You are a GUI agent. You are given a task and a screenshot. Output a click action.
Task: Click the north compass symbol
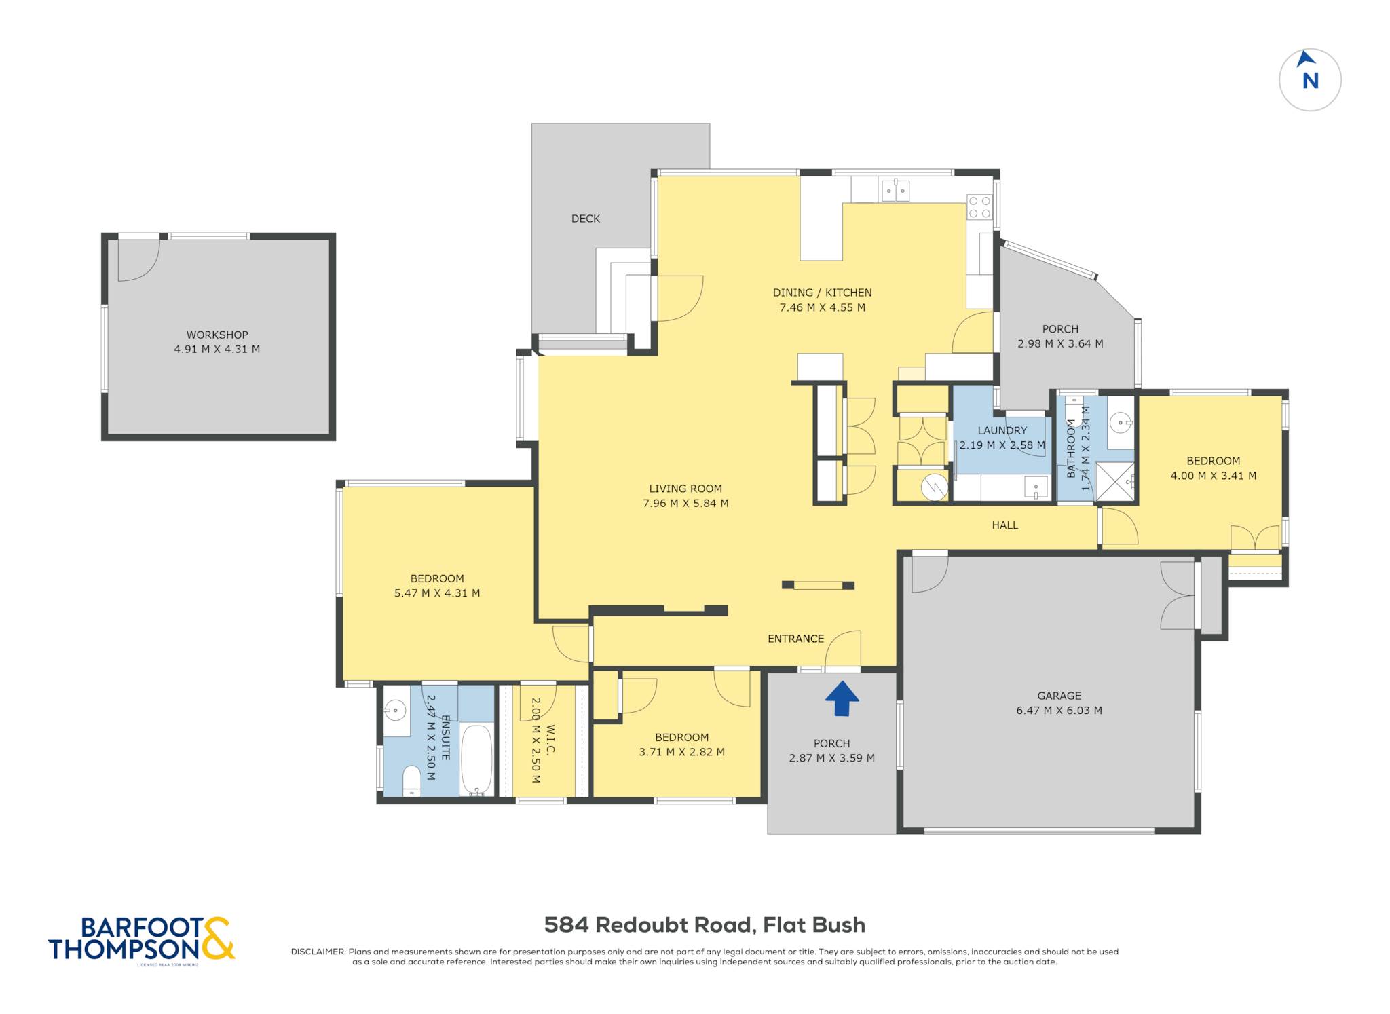[x=1310, y=79]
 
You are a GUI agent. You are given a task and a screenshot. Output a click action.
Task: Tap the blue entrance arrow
[x=842, y=699]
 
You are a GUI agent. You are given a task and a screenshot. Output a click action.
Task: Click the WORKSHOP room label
[x=217, y=335]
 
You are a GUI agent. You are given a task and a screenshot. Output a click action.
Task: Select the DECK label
[x=586, y=219]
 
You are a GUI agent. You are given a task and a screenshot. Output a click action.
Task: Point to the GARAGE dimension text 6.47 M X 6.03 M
[x=1059, y=711]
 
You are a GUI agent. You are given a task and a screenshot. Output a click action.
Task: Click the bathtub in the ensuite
[x=476, y=760]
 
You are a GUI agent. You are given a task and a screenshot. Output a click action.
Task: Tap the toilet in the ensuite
[x=412, y=781]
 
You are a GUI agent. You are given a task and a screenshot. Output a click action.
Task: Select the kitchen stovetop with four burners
[x=979, y=207]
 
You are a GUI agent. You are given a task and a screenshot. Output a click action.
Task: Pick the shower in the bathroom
[x=1114, y=482]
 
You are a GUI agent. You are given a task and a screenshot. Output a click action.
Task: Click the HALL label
[x=1005, y=525]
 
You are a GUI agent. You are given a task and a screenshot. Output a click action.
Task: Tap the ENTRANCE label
[x=795, y=639]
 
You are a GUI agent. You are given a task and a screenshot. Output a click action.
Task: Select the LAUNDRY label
[x=1002, y=430]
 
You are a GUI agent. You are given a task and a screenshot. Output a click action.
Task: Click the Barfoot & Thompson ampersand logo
[x=218, y=938]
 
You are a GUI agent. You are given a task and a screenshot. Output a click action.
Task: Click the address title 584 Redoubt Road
[x=649, y=925]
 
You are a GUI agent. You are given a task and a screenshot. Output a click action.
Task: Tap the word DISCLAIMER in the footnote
[x=318, y=952]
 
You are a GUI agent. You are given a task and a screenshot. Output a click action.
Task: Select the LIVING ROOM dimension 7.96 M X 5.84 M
[x=685, y=503]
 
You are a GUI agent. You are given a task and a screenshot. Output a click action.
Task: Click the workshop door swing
[x=138, y=260]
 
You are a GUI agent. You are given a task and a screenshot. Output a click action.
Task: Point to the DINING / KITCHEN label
[x=822, y=293]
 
